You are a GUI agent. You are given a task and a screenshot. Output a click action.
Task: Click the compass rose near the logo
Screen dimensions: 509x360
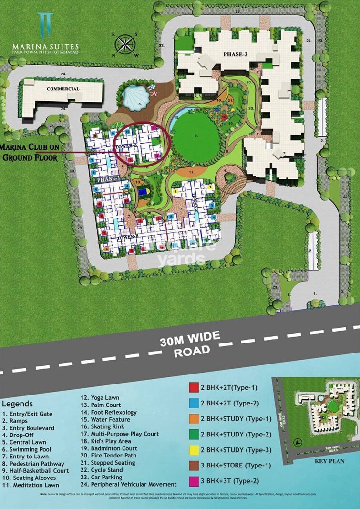click(x=125, y=44)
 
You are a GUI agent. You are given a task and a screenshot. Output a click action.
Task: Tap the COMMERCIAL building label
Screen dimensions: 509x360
click(x=63, y=89)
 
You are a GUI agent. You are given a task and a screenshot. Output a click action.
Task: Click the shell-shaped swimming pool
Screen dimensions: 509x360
click(x=134, y=99)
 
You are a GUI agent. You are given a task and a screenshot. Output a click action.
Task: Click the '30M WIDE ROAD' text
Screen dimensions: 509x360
click(x=189, y=343)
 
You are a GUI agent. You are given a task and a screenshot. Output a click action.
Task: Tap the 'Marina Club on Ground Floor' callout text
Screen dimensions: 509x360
click(x=30, y=151)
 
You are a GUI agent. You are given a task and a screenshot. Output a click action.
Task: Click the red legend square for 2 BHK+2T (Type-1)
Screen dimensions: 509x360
click(x=193, y=387)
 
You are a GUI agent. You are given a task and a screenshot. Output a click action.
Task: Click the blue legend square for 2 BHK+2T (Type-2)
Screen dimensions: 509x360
click(x=193, y=403)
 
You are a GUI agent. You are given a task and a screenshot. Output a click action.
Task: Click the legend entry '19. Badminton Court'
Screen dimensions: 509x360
click(x=109, y=448)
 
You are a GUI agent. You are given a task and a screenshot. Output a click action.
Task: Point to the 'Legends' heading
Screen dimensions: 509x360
click(x=18, y=404)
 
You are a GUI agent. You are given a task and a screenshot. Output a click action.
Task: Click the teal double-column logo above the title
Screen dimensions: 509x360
click(x=46, y=24)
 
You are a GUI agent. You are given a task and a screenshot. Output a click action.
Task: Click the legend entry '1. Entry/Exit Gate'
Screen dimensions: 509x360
click(x=27, y=414)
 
